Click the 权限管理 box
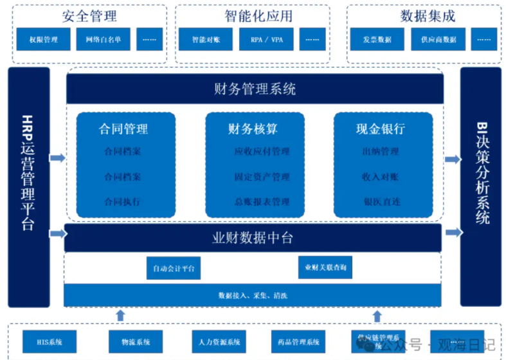43,39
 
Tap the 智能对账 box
205,39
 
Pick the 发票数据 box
376,39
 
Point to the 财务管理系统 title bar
255,89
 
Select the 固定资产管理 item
262,177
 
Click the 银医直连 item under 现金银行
381,202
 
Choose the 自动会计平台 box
174,267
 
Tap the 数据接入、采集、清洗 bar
253,295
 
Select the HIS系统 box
49,341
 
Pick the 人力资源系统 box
219,341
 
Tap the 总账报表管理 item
262,202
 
